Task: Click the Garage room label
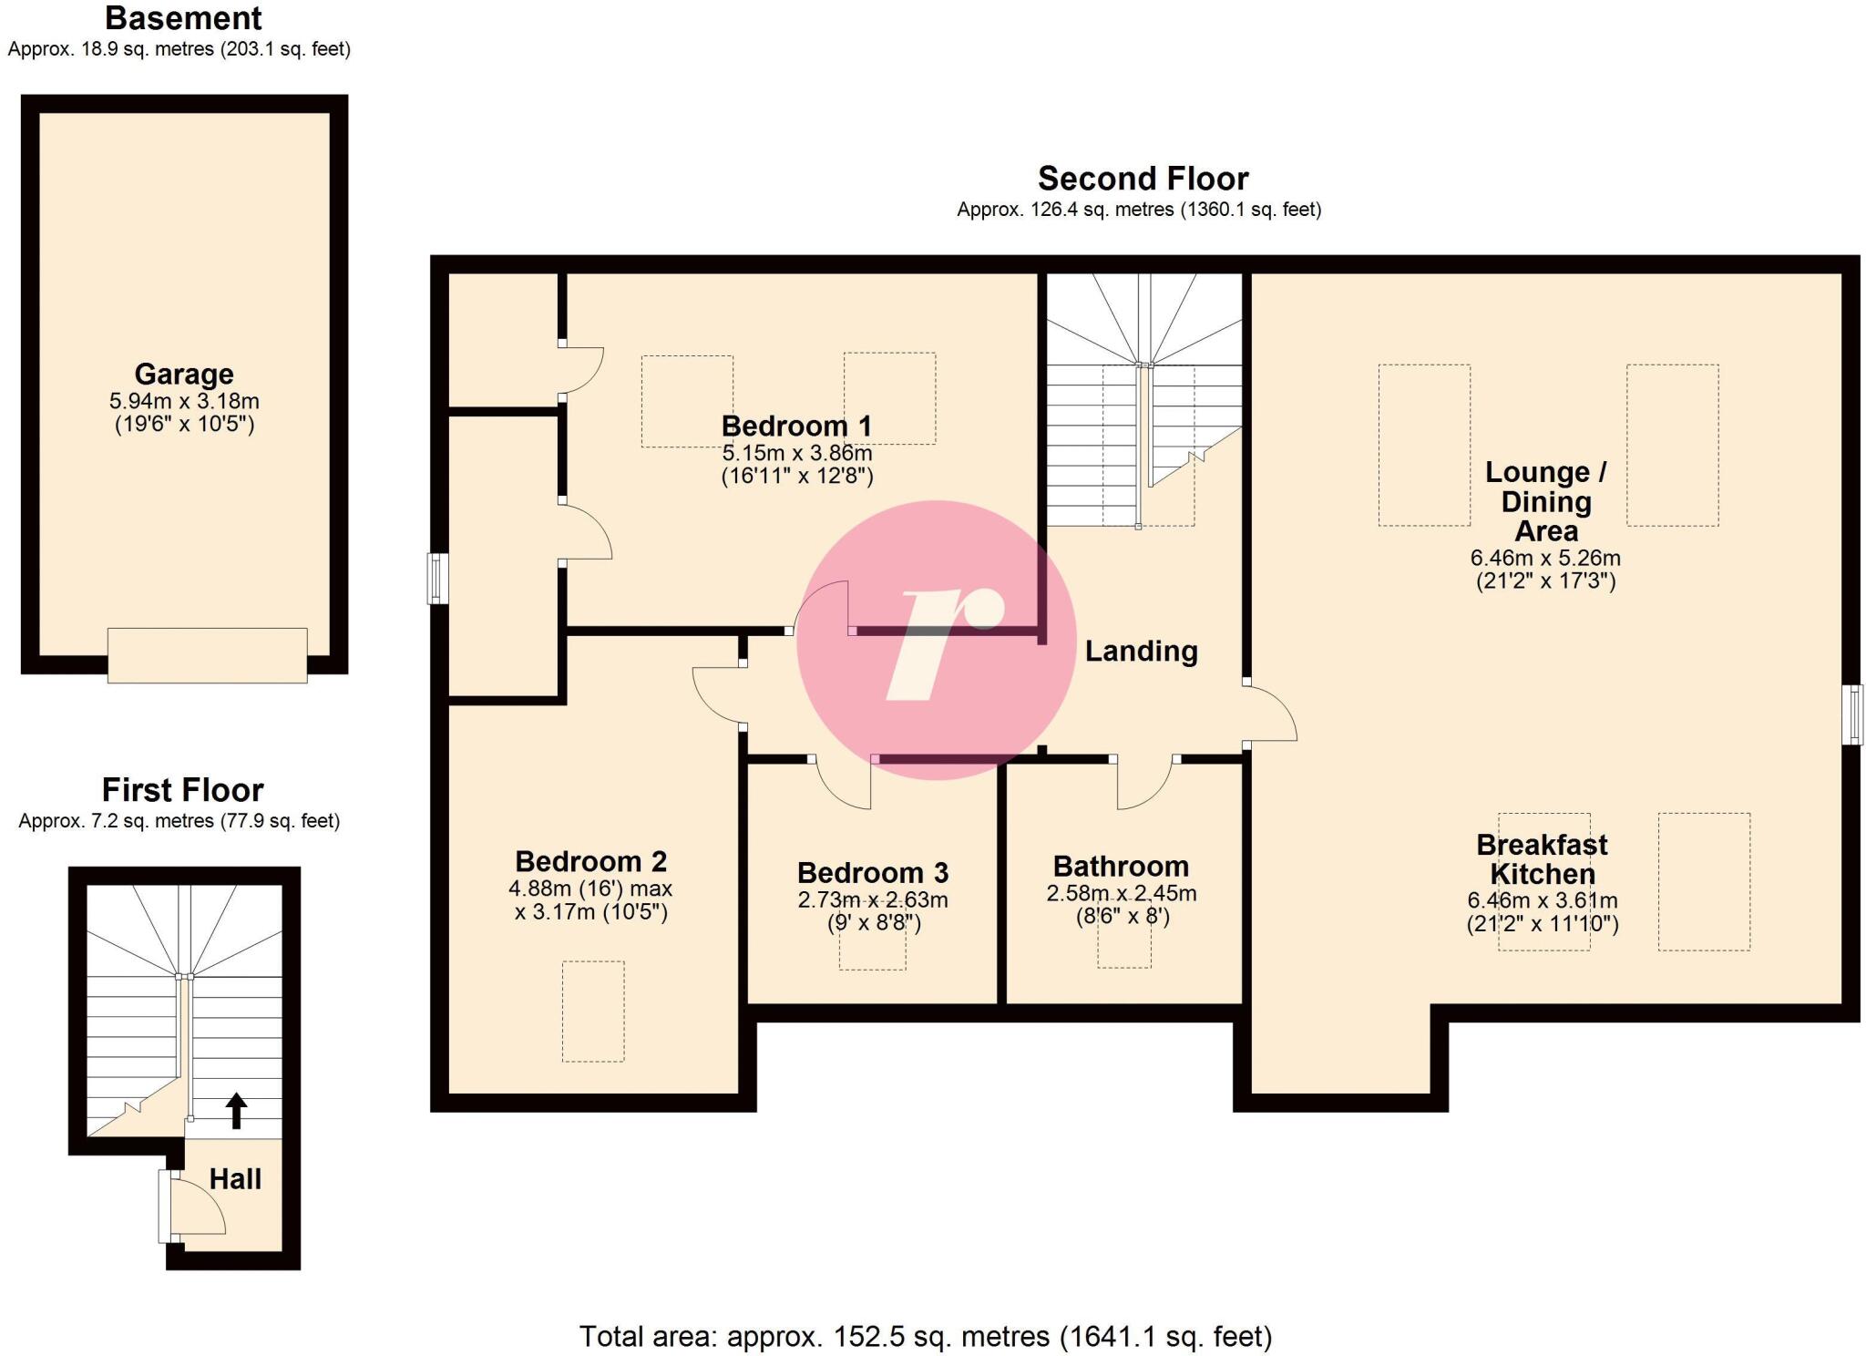[x=184, y=375]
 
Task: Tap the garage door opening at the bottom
[x=207, y=655]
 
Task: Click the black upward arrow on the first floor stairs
[x=236, y=1110]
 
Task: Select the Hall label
[x=235, y=1179]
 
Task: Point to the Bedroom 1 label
[x=796, y=426]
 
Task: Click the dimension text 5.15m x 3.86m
[x=796, y=453]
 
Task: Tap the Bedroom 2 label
[x=590, y=861]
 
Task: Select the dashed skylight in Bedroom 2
[x=593, y=1011]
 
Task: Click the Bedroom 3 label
[x=872, y=873]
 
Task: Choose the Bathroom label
[x=1121, y=866]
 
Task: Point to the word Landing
[x=1141, y=651]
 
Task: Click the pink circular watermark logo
[x=937, y=640]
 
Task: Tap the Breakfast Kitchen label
[x=1542, y=859]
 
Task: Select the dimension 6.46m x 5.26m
[x=1545, y=558]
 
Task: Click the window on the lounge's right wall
[x=1852, y=714]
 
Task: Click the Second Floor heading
[x=1143, y=179]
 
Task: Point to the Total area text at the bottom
[x=925, y=1336]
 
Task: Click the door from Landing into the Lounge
[x=1270, y=714]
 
